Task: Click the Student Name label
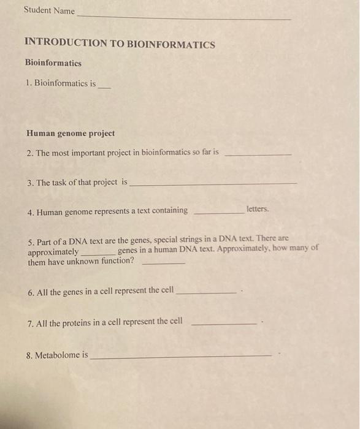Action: pos(49,10)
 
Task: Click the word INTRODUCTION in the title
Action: pos(66,44)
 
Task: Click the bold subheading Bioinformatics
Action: pos(53,63)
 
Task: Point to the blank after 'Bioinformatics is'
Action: pos(105,88)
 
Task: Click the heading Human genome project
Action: pos(71,133)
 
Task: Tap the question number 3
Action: pos(31,183)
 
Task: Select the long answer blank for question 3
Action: pos(213,184)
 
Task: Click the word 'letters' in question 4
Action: pos(258,209)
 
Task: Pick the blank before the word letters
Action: pos(218,213)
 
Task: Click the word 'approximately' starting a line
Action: pos(53,252)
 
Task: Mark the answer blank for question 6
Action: pos(206,294)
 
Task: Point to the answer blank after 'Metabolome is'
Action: pos(180,357)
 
